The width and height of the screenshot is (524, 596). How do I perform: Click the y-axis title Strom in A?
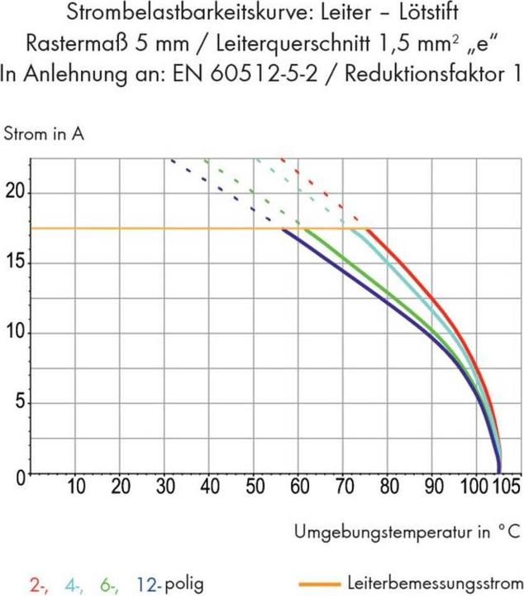tap(45, 132)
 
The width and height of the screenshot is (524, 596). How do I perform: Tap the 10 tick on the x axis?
tap(76, 485)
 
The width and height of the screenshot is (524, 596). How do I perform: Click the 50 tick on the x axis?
tap(255, 485)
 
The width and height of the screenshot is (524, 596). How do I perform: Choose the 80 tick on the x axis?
tap(389, 485)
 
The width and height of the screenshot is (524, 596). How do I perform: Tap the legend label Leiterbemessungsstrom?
tap(435, 581)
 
